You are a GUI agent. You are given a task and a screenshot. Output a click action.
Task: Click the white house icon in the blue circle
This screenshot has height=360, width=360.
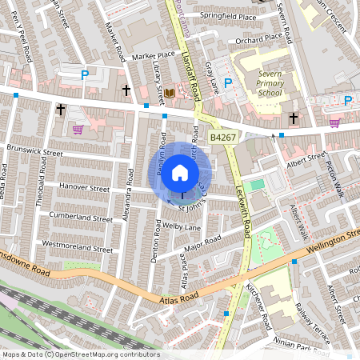(180, 172)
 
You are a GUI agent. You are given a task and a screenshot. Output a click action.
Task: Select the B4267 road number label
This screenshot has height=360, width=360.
(224, 138)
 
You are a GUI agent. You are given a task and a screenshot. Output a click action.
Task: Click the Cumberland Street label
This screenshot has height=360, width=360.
(80, 218)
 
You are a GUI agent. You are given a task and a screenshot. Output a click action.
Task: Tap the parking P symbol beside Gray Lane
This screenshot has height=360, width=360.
(227, 82)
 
